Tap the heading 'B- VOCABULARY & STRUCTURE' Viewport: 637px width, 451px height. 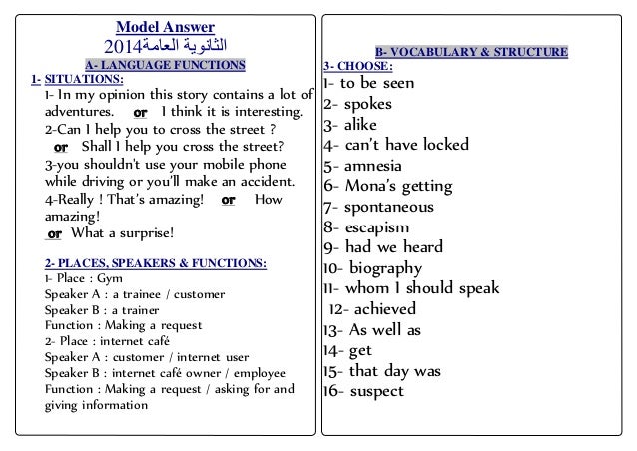(x=472, y=51)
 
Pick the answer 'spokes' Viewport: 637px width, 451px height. (x=368, y=104)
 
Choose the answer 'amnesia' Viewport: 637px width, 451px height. (x=377, y=166)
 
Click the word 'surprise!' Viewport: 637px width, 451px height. (x=144, y=233)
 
